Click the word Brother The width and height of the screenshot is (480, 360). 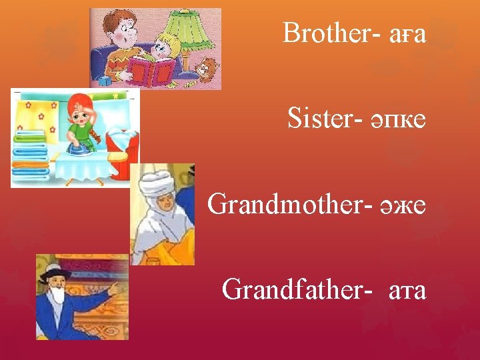326,33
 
